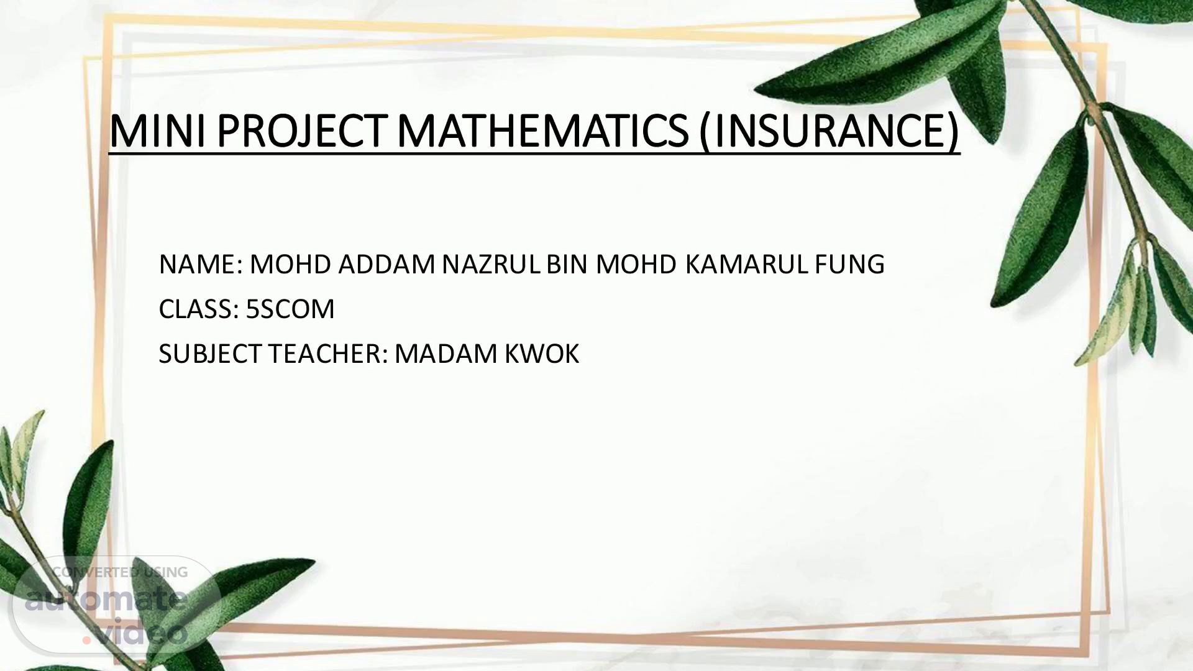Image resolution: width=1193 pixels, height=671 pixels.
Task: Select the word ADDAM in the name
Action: [x=386, y=265]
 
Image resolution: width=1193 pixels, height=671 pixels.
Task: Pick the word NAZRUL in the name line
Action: [x=491, y=265]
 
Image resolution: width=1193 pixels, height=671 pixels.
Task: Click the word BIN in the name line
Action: [x=567, y=265]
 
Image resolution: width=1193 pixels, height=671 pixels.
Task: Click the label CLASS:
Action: [x=199, y=309]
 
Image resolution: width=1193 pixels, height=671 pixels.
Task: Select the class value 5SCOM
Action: [x=290, y=309]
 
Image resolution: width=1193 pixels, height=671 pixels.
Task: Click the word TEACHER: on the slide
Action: [x=329, y=354]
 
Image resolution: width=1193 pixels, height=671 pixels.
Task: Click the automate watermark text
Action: [x=106, y=600]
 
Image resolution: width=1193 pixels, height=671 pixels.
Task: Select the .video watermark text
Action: [x=134, y=632]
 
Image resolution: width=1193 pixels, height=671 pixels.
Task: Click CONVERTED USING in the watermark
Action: [x=120, y=572]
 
